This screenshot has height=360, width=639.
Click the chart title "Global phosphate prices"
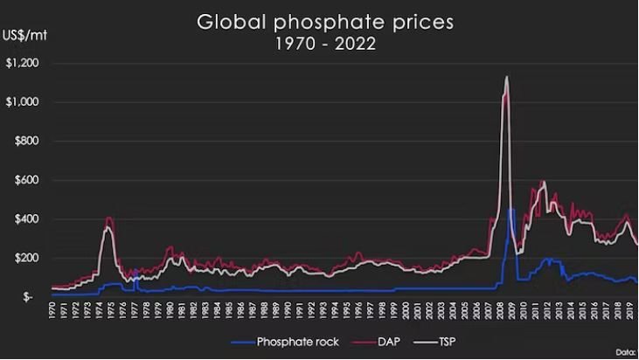pyautogui.click(x=325, y=21)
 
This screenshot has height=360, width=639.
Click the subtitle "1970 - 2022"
pyautogui.click(x=325, y=44)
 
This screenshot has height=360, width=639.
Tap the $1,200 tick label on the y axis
pyautogui.click(x=24, y=63)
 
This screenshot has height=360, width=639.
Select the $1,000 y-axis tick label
pyautogui.click(x=24, y=102)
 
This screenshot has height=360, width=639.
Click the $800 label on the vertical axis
pyautogui.click(x=28, y=141)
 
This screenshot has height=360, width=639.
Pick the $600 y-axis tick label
pyautogui.click(x=28, y=180)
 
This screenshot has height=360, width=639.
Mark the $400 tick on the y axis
pyautogui.click(x=28, y=219)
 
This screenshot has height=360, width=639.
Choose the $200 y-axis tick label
pyautogui.click(x=28, y=258)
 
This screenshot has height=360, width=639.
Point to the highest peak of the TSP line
pyautogui.click(x=506, y=77)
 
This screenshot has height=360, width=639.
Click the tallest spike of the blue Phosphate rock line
pyautogui.click(x=511, y=210)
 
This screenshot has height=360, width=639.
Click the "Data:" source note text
pyautogui.click(x=627, y=351)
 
